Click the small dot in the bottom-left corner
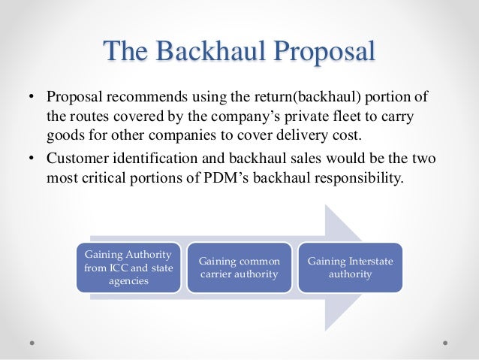click(x=32, y=341)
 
